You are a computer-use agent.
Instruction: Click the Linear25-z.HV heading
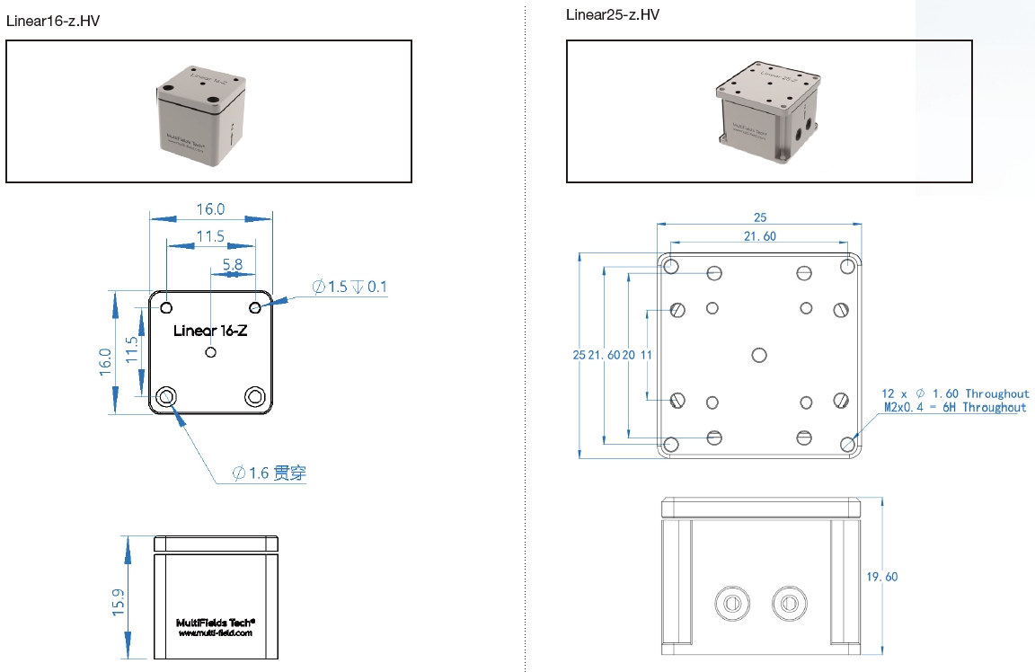coord(613,14)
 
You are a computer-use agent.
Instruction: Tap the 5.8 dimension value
coord(232,265)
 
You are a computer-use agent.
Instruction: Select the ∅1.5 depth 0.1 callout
coord(349,287)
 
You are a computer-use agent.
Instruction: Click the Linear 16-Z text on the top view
coord(210,331)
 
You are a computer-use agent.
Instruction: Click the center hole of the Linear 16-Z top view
coord(211,352)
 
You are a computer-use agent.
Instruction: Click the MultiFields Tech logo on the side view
coord(216,621)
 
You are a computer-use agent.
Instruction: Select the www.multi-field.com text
coord(216,632)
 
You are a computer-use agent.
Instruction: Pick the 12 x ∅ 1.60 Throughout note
coord(955,393)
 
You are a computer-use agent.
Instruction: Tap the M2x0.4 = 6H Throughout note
coord(955,408)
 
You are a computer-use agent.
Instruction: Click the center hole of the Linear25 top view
coord(759,355)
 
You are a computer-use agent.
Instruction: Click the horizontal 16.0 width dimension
coord(210,208)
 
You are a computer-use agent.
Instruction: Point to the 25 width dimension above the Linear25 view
coord(760,217)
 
